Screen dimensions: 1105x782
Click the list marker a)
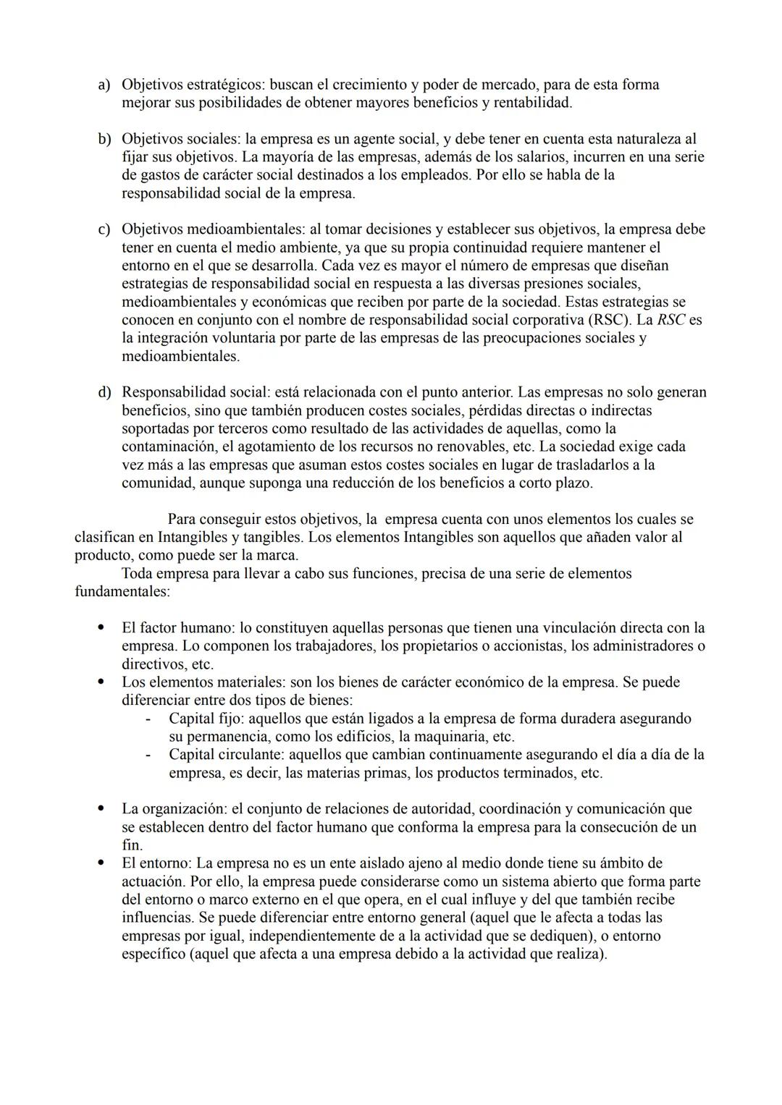(104, 85)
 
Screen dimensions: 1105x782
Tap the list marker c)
(104, 230)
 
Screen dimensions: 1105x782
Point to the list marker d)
(104, 393)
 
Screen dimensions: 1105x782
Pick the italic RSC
(670, 320)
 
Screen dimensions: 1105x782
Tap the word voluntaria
(235, 338)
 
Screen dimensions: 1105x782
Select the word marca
(278, 556)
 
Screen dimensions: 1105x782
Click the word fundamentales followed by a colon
(122, 592)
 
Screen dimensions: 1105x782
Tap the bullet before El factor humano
(102, 628)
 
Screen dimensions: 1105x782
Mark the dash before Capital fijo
(148, 719)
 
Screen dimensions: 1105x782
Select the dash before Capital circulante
(148, 755)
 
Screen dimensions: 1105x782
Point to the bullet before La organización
(102, 809)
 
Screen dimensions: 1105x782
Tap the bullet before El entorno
(102, 863)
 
